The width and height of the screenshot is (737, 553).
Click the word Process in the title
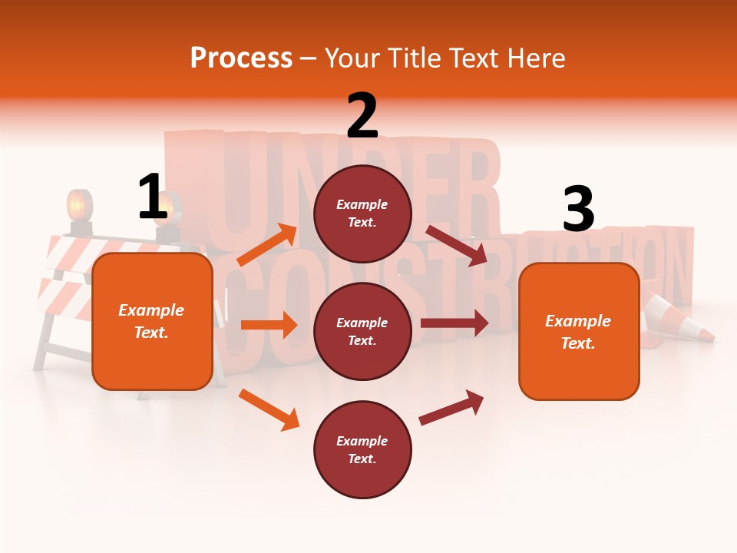[x=241, y=58]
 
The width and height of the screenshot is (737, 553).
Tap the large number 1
[x=152, y=197]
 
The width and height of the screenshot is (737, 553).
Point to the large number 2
[x=362, y=116]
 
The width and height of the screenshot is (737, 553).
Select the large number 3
[x=578, y=209]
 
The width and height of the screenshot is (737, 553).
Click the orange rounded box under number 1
[x=152, y=321]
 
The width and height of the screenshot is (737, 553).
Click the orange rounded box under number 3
[x=579, y=332]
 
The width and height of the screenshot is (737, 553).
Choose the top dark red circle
[x=362, y=214]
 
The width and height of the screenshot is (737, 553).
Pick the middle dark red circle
[x=362, y=331]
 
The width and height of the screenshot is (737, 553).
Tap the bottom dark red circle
[x=362, y=449]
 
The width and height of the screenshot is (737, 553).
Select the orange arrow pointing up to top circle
[x=268, y=245]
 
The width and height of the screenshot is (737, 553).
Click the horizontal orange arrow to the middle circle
[x=269, y=325]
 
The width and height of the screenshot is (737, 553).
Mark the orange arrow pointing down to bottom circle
[x=269, y=409]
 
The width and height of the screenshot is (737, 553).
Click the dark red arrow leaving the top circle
[x=456, y=245]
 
